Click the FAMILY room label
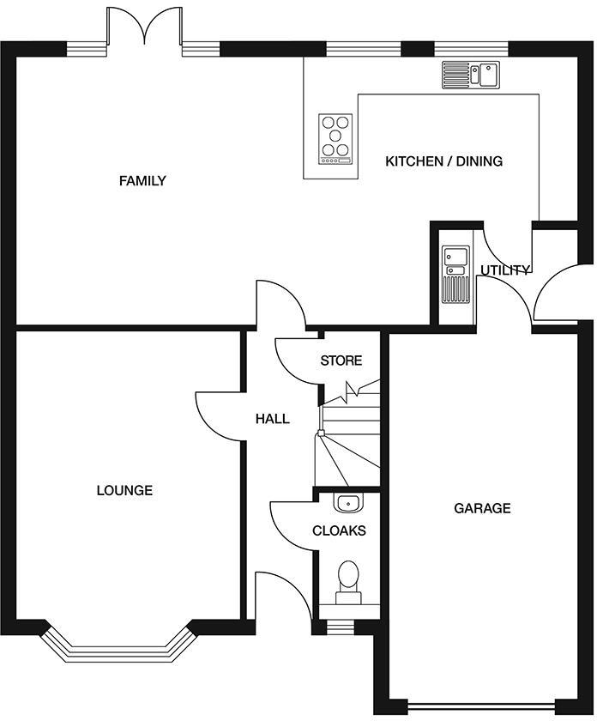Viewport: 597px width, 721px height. click(142, 181)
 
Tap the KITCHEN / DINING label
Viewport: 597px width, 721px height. click(443, 161)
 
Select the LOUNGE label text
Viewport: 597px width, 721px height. click(124, 491)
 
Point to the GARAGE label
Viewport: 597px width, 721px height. click(482, 508)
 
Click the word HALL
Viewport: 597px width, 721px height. click(272, 419)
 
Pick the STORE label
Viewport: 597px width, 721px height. click(341, 360)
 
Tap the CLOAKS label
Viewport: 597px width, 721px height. click(339, 530)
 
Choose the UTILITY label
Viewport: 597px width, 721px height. click(505, 270)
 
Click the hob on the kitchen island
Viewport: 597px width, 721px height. click(335, 138)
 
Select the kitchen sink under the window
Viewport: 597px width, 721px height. click(472, 75)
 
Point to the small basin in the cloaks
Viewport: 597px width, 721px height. click(347, 502)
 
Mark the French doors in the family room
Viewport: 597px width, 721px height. click(144, 30)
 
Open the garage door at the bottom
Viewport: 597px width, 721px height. click(483, 708)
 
